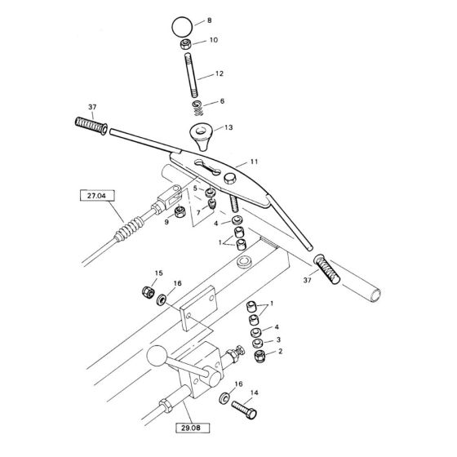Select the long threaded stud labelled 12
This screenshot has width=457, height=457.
(192, 74)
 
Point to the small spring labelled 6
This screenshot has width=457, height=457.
(197, 107)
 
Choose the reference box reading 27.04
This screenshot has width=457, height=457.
(96, 196)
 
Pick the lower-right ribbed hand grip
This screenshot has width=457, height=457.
(330, 268)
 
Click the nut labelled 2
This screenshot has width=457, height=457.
(256, 356)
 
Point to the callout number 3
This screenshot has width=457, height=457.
(278, 339)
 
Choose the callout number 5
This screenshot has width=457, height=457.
(193, 189)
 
